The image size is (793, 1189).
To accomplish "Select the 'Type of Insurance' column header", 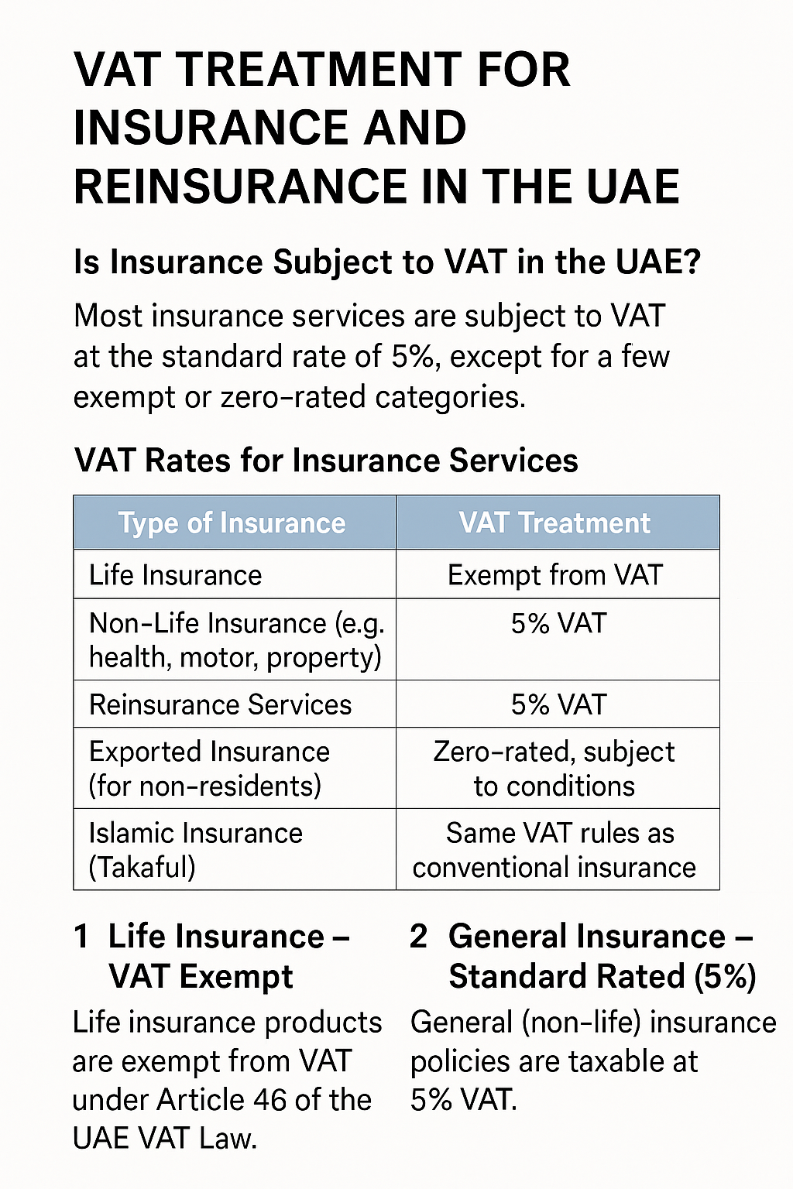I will coord(232,523).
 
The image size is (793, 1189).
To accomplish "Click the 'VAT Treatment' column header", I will coord(555,523).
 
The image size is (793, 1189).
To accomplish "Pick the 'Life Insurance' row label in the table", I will coord(175,575).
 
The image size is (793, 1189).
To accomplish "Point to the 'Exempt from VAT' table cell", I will coord(555,575).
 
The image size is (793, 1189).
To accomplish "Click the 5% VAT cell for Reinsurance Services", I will coord(558,704).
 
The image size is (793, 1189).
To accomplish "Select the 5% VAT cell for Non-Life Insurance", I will coord(558,623).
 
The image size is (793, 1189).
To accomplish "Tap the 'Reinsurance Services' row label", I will coord(220,704).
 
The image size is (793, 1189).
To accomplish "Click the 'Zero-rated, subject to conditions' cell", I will coord(554,769).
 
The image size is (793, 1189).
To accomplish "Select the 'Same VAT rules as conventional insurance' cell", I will coord(554,850).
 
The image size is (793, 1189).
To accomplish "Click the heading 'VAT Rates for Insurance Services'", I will coord(326,461).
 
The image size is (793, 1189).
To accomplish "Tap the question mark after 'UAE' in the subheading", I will coord(691,262).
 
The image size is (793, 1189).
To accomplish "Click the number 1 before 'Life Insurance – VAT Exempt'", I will coord(81,937).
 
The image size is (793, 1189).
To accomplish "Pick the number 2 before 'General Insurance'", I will coord(419,937).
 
